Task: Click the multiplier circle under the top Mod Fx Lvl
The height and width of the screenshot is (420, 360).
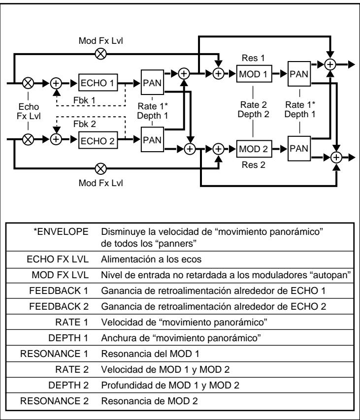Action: click(x=101, y=54)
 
